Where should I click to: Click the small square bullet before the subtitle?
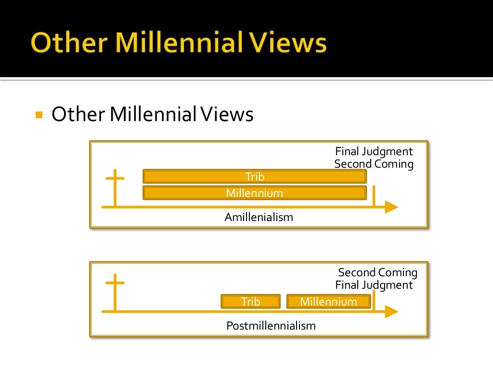pos(39,115)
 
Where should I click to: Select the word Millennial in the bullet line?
pos(153,115)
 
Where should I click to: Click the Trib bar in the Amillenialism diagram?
pos(255,177)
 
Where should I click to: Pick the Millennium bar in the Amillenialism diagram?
pos(255,193)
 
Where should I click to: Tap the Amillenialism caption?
pos(259,217)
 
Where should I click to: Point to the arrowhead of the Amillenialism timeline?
pos(391,208)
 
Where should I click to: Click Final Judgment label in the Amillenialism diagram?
pos(374,151)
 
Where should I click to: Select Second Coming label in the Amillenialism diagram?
pos(374,164)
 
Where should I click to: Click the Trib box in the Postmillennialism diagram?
pos(250,302)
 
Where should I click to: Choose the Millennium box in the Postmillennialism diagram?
pos(328,302)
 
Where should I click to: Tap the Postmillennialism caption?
pos(271,326)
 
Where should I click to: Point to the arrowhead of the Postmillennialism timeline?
pos(391,312)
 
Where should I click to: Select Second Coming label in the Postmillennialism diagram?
pos(377,272)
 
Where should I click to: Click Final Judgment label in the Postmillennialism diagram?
pos(374,285)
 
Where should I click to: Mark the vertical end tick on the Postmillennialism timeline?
pos(374,302)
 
